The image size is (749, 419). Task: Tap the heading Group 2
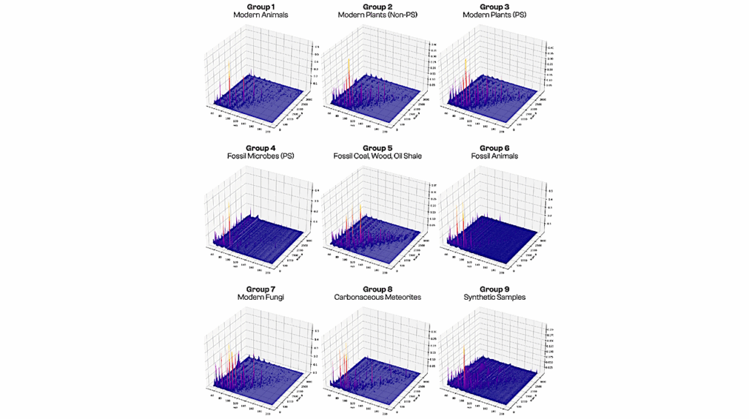[375, 7]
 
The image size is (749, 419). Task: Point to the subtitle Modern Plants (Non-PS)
[375, 15]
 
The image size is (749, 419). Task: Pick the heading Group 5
[375, 148]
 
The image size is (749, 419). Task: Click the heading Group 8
[375, 289]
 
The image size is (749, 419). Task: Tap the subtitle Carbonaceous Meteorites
[375, 298]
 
